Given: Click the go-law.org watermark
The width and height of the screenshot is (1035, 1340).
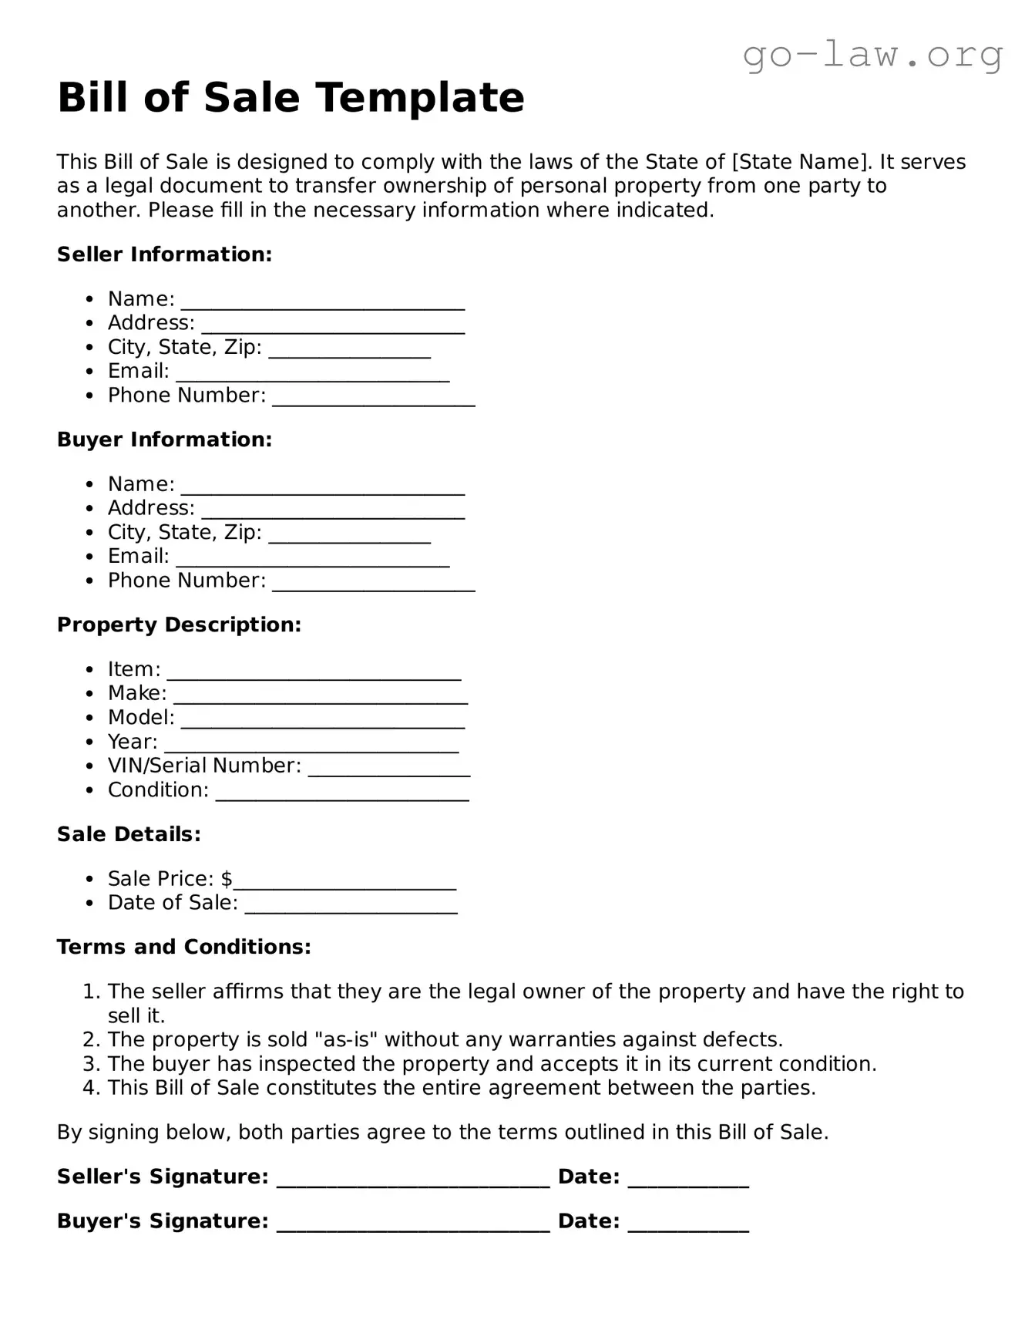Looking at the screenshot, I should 872,55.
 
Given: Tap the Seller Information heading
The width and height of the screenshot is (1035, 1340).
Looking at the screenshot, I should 164,254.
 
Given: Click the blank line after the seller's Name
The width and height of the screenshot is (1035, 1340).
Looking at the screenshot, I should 323,301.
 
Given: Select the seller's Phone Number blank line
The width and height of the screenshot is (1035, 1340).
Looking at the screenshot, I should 374,397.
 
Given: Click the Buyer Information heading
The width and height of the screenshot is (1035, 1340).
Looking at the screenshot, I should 164,439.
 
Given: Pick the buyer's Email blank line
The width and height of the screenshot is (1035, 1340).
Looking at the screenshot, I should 312,558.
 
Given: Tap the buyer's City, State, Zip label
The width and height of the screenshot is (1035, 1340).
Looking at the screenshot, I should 184,533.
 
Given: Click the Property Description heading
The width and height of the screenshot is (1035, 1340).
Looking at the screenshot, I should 179,625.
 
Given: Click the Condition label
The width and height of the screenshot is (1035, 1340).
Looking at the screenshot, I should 158,790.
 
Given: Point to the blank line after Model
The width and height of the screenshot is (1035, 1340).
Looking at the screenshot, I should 323,719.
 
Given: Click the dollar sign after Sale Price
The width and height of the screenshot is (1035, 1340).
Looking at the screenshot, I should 227,879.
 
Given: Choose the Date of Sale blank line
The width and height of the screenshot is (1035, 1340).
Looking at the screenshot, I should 351,904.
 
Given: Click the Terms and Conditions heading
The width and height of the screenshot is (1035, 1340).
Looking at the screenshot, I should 183,947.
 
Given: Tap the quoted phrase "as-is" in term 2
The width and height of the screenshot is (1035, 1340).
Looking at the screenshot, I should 346,1040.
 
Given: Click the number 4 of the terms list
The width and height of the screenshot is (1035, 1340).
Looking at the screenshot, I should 91,1088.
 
